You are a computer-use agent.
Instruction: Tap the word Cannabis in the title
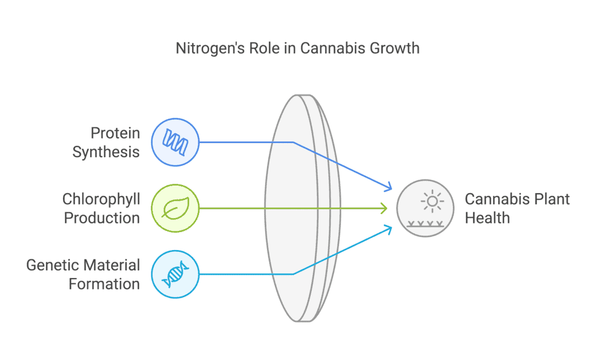click(329, 48)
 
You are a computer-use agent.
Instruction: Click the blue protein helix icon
click(175, 141)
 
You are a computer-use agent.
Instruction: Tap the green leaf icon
click(175, 208)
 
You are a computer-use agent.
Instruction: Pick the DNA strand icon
click(175, 274)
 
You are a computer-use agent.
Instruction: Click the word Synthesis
click(106, 152)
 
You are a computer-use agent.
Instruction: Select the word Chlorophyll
click(101, 199)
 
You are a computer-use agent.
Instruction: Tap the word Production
click(102, 218)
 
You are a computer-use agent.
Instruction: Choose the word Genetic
click(54, 266)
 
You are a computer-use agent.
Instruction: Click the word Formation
click(104, 284)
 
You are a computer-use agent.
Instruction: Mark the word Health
click(487, 218)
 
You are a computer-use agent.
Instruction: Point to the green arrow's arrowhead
click(385, 208)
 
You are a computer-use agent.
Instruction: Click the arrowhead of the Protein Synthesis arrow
click(388, 187)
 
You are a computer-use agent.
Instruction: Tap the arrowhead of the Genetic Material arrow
click(388, 229)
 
